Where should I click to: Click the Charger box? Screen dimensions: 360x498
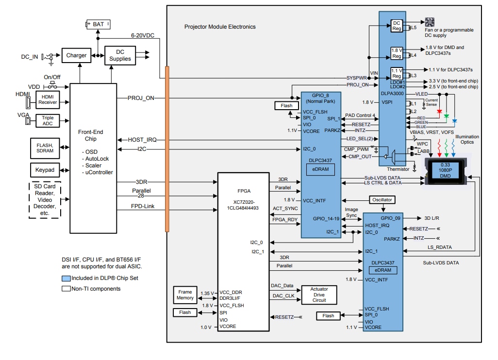76,56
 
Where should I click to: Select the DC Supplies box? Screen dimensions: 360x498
120,55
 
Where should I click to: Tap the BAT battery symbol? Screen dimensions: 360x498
98,24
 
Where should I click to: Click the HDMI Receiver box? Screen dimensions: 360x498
47,99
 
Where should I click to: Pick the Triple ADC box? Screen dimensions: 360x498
47,121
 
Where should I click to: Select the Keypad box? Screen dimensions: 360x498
45,170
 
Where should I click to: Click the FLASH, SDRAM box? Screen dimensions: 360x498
45,147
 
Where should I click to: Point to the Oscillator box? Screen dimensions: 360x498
382,199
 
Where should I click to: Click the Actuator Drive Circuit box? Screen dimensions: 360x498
318,295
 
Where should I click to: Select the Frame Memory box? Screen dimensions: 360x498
185,295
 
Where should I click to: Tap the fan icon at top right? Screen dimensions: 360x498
429,22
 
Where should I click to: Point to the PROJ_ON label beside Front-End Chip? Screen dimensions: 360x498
141,98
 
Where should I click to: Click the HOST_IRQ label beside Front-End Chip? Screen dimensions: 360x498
141,140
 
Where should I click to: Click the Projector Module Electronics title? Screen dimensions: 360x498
220,27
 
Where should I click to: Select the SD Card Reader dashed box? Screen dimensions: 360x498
46,199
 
